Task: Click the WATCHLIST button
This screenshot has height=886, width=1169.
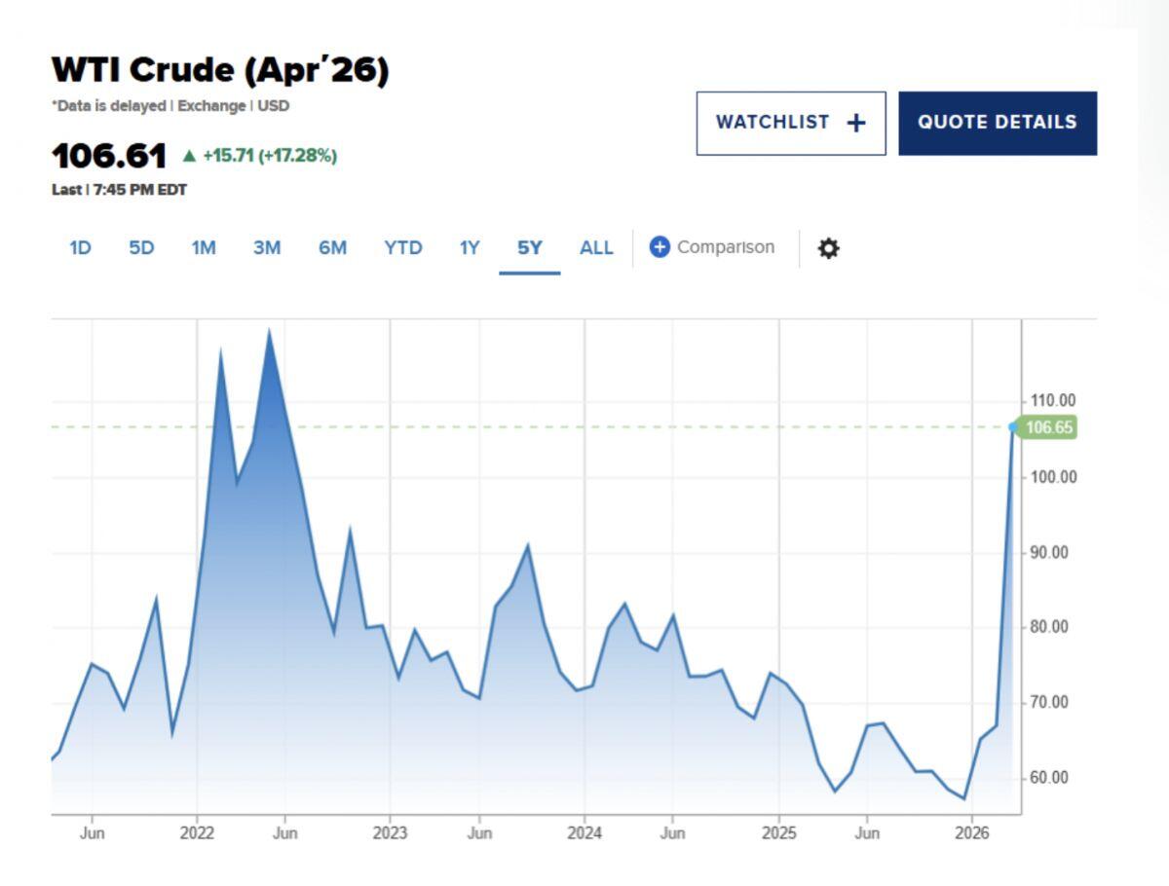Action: pyautogui.click(x=791, y=124)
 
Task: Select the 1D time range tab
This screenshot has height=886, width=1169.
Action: pyautogui.click(x=81, y=248)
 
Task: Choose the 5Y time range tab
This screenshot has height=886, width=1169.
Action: pyautogui.click(x=529, y=248)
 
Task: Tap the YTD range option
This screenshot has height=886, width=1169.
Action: pyautogui.click(x=403, y=248)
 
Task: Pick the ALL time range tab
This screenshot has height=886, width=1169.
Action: pyautogui.click(x=596, y=248)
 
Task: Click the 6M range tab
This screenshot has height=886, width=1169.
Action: pyautogui.click(x=332, y=248)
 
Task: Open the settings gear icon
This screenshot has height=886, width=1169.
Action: pyautogui.click(x=829, y=248)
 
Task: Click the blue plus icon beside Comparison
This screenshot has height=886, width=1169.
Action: pyautogui.click(x=660, y=247)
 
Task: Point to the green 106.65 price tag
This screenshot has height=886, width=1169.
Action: pyautogui.click(x=1046, y=427)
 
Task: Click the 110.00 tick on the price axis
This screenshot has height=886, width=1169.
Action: pyautogui.click(x=1053, y=401)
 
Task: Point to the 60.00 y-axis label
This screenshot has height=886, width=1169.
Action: pyautogui.click(x=1048, y=778)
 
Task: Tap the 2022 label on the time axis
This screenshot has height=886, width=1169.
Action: pyautogui.click(x=197, y=832)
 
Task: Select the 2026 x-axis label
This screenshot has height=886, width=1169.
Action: pyautogui.click(x=972, y=832)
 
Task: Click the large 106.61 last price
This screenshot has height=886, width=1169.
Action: pyautogui.click(x=109, y=157)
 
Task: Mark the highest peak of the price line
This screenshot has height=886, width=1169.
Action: pyautogui.click(x=269, y=330)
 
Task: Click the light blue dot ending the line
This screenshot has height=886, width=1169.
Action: pyautogui.click(x=1013, y=426)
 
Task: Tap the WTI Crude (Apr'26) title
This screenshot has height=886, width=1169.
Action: pyautogui.click(x=220, y=70)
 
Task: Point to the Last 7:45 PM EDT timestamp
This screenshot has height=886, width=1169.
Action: pyautogui.click(x=119, y=190)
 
